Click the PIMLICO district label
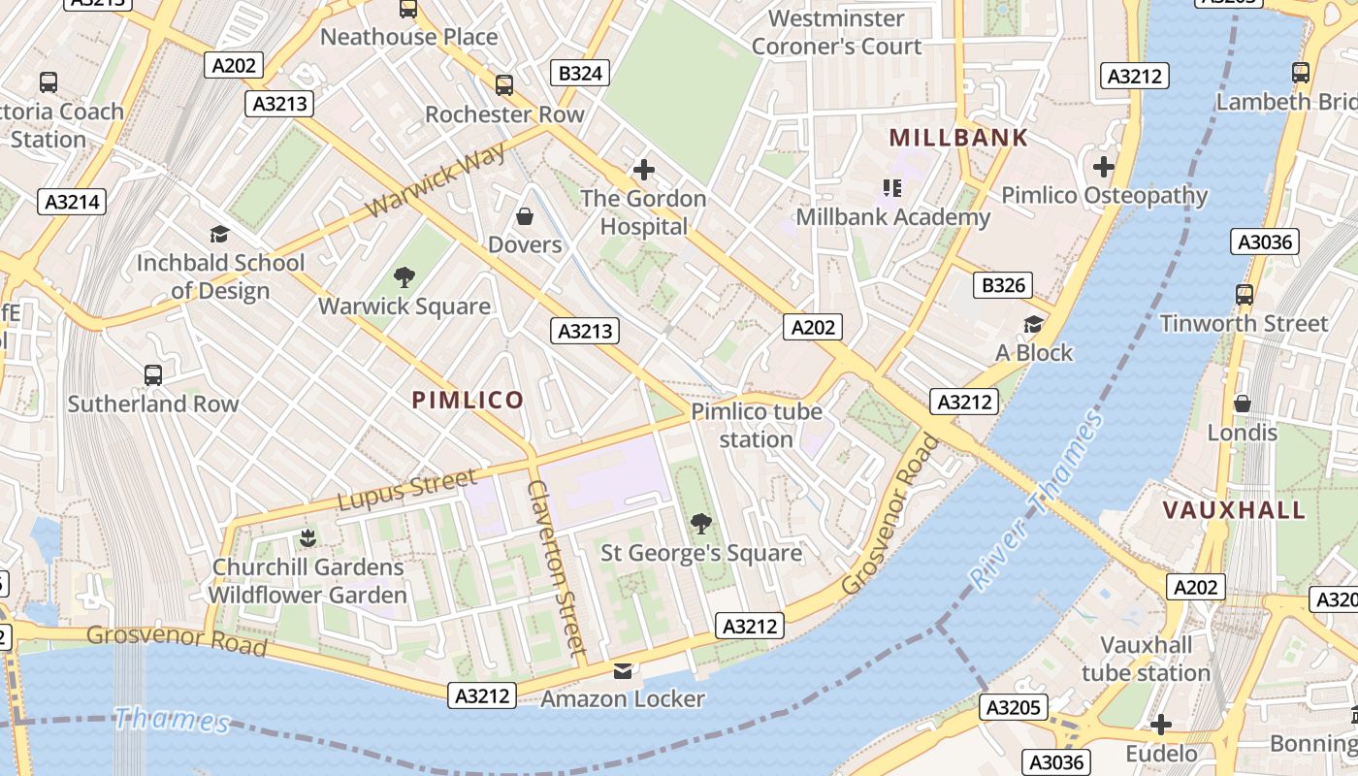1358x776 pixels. [468, 400]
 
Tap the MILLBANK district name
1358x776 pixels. [957, 138]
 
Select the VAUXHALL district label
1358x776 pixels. [1234, 510]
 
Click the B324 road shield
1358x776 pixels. [581, 73]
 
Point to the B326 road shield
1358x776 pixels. [1003, 285]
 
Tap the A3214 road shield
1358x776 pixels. [72, 202]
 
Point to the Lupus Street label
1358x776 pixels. [407, 489]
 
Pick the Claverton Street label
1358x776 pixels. [556, 567]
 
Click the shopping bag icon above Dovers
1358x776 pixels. [525, 215]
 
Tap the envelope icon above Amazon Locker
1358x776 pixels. [622, 670]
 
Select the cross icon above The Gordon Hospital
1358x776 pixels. [643, 170]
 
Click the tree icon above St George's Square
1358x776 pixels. [700, 525]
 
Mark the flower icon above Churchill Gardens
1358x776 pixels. [307, 537]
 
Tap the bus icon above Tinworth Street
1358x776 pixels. [1244, 294]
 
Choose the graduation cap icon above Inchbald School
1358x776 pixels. [219, 234]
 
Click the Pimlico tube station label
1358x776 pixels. [757, 425]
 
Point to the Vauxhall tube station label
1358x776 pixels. [1146, 659]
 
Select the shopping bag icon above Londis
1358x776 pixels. [1242, 404]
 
